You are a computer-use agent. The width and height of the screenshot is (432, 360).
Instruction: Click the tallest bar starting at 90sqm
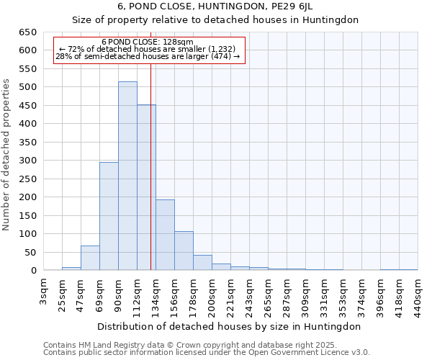pyautogui.click(x=127, y=176)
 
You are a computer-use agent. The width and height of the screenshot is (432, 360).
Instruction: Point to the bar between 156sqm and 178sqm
pyautogui.click(x=184, y=251)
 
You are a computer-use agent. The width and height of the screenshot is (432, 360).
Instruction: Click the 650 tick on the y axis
pyautogui.click(x=28, y=32)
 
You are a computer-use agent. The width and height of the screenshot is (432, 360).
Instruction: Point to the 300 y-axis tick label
pyautogui.click(x=28, y=161)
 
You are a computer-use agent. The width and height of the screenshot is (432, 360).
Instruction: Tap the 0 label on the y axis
pyautogui.click(x=33, y=271)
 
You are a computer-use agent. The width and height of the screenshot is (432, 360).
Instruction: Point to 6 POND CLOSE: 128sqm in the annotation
pyautogui.click(x=148, y=42)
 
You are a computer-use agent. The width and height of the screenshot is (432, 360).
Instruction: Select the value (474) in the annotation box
pyautogui.click(x=228, y=57)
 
